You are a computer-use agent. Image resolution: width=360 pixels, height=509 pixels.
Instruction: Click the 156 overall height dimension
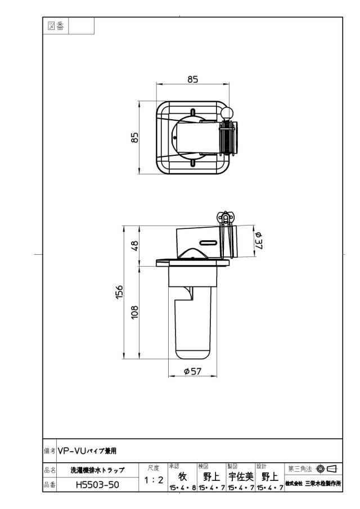120,292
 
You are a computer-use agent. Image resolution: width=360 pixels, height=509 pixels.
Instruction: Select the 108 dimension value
134,312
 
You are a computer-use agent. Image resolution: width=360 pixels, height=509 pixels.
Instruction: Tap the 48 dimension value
134,245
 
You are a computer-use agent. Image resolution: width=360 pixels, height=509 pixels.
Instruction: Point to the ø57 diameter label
192,371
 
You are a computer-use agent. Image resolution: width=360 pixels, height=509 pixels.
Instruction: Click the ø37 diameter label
259,241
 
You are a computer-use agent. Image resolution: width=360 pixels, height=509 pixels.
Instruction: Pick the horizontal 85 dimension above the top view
192,79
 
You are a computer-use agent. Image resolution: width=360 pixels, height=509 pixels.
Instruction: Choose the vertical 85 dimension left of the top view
134,137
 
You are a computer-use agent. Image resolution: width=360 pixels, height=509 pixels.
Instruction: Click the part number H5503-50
97,485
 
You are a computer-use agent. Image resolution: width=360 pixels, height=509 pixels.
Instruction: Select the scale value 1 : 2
154,480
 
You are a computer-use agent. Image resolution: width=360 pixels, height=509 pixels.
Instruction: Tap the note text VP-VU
72,451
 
